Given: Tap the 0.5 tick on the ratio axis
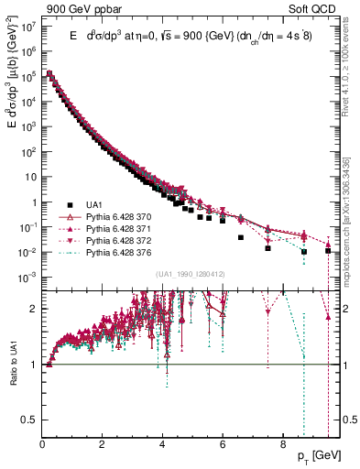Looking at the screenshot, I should tap(28, 420).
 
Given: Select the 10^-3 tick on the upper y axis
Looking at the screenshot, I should tap(27, 277).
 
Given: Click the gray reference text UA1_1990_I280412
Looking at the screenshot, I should tap(190, 275).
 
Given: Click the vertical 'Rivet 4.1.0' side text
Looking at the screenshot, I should tap(351, 72).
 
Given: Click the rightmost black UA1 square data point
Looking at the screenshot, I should tap(328, 250).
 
